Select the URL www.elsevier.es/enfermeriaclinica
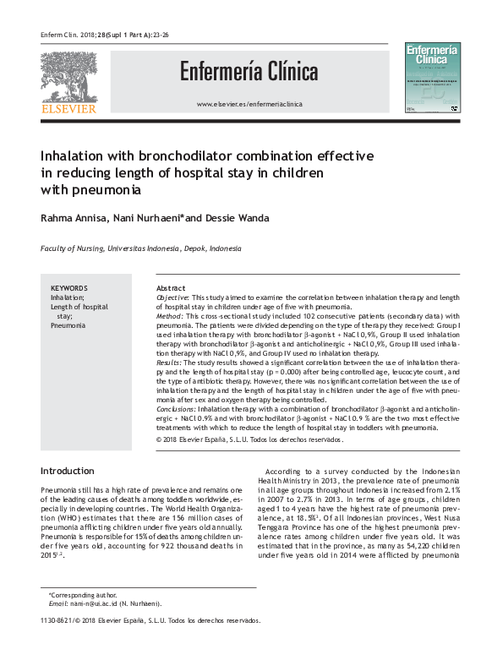click(x=249, y=104)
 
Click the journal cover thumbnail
click(x=433, y=79)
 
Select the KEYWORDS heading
click(x=68, y=288)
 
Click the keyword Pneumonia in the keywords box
click(x=68, y=325)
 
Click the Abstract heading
click(x=172, y=288)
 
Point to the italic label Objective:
click(x=173, y=299)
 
